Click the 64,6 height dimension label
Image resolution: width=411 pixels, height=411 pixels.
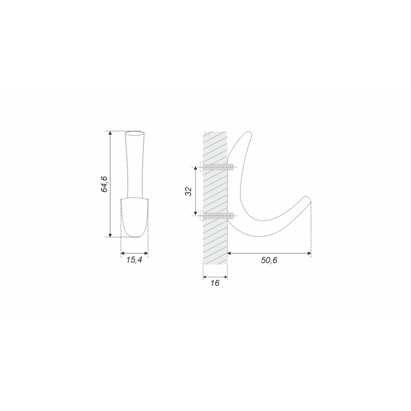click(104, 184)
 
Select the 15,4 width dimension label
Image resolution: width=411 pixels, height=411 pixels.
click(134, 260)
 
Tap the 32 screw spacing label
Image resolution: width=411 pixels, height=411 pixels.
click(189, 191)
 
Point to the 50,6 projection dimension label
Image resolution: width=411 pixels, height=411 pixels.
click(269, 260)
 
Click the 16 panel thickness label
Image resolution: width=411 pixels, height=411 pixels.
click(215, 283)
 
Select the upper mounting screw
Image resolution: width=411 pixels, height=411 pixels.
click(216, 166)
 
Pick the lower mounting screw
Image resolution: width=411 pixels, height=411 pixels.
click(216, 215)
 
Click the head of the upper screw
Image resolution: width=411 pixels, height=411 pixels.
click(201, 166)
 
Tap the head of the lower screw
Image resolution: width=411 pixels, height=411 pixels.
click(201, 215)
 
